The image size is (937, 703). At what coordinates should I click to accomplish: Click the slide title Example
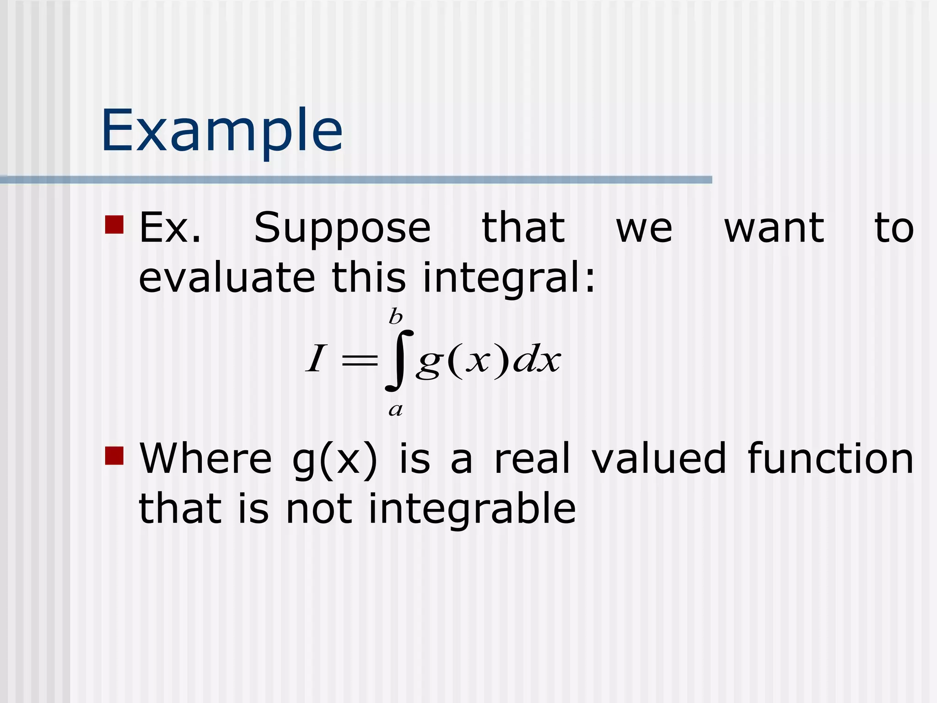coord(222,130)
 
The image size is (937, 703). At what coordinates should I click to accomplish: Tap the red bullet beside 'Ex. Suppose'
coord(114,225)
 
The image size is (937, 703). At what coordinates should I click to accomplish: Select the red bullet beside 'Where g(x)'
coord(114,456)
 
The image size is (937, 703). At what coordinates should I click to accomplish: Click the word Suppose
coord(342,229)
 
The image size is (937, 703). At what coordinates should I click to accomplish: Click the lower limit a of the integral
coord(396,409)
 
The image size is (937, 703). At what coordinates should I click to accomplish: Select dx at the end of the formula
coord(536,360)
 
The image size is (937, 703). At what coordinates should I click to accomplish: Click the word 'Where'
coord(206,459)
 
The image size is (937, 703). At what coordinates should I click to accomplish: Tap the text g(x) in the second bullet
coord(335,460)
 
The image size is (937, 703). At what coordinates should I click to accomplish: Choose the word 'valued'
coord(659,459)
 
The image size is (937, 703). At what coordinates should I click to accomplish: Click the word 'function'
coord(830,459)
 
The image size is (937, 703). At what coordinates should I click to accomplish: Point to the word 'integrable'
coord(472,509)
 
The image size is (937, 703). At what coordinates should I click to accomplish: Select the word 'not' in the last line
coord(319,509)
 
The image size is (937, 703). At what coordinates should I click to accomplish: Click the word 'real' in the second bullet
coord(533,459)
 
